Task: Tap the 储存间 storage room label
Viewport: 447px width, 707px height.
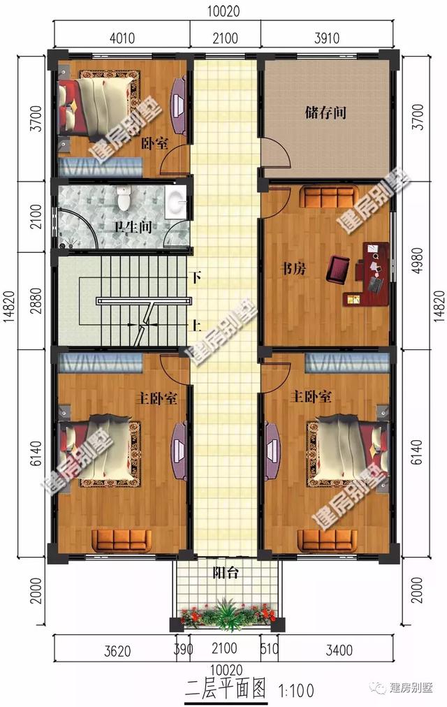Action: pos(325,112)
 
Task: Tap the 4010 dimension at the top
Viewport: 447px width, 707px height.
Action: pos(119,38)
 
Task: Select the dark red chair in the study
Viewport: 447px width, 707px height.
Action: pos(340,269)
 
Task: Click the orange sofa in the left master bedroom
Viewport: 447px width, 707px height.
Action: pos(122,539)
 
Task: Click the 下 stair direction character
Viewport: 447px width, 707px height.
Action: pos(196,278)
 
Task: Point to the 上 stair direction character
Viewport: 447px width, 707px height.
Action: pos(196,325)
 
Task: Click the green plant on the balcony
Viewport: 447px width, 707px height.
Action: pos(225,613)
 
